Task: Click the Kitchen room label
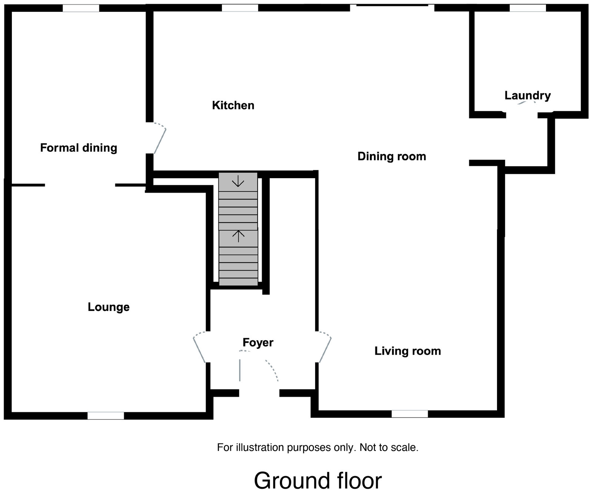click(x=233, y=105)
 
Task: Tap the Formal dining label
click(x=79, y=148)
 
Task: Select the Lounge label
click(x=109, y=307)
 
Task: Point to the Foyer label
click(x=258, y=343)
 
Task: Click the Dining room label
click(x=392, y=157)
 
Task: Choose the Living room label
click(x=408, y=351)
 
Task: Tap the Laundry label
click(x=527, y=96)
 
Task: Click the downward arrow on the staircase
click(x=238, y=182)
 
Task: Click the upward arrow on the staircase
click(x=239, y=236)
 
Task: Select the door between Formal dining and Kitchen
click(x=159, y=139)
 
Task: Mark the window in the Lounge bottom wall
click(x=106, y=416)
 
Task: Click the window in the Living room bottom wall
click(x=410, y=414)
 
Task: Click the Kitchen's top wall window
click(x=240, y=8)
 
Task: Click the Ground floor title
click(x=318, y=481)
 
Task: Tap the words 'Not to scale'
click(x=389, y=448)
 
